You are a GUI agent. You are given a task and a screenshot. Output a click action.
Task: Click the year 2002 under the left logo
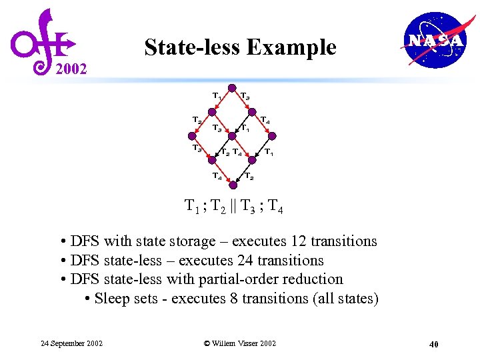coord(70,69)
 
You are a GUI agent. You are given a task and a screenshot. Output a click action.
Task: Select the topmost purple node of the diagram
coord(231,88)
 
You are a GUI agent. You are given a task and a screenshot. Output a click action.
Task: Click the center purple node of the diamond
coord(231,137)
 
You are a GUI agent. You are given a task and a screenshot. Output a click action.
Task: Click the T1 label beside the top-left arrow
coord(217,96)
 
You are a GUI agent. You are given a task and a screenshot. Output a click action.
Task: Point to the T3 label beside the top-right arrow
coord(245,97)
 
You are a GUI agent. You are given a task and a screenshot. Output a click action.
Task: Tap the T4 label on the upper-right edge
coord(265,121)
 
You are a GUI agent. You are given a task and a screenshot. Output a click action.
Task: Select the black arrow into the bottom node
coord(242,173)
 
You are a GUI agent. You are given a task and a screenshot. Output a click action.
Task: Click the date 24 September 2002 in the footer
coord(71,343)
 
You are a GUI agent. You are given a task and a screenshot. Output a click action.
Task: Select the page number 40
coord(433,345)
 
